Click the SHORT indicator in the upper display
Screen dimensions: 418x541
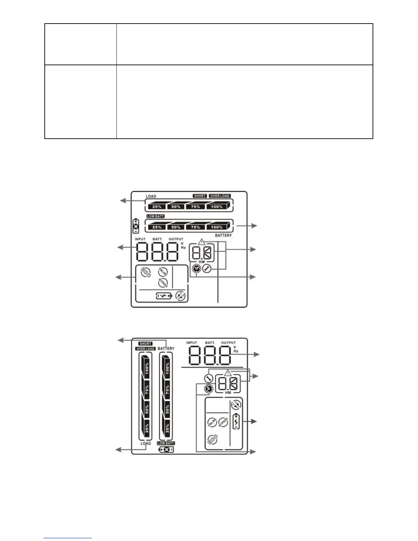click(200, 196)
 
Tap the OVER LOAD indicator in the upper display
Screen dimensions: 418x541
click(220, 196)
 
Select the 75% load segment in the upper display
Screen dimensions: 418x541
click(196, 207)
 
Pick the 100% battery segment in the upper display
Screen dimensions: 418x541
click(217, 227)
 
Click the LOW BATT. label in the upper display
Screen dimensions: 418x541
click(156, 216)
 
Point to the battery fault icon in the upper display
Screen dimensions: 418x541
click(136, 226)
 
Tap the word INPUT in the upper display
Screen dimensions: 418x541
click(140, 239)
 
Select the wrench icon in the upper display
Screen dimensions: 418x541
click(207, 269)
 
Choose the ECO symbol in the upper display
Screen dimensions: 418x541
click(146, 272)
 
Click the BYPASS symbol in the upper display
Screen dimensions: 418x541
click(163, 283)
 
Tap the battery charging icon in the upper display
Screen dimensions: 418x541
click(164, 296)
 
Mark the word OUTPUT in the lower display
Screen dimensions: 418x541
click(228, 343)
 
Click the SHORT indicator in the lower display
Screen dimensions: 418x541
click(145, 344)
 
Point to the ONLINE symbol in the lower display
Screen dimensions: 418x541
click(212, 422)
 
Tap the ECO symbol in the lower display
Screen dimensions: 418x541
click(212, 439)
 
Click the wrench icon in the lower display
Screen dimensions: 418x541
click(208, 378)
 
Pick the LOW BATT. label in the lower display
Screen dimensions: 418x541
click(166, 443)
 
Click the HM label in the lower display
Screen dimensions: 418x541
click(228, 393)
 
